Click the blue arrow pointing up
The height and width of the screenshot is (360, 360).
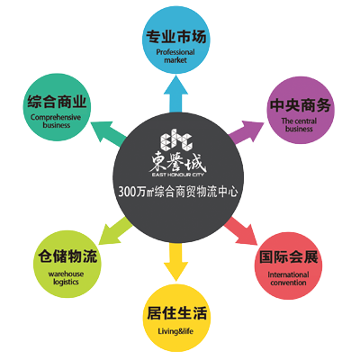tap(176, 94)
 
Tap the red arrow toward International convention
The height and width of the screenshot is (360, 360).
tap(241, 230)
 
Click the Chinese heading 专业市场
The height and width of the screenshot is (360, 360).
tap(176, 37)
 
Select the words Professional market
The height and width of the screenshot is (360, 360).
tap(175, 56)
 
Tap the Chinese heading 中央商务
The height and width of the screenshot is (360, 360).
tap(301, 105)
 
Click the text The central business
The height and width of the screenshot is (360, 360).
tap(299, 125)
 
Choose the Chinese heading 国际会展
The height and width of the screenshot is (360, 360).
tap(288, 256)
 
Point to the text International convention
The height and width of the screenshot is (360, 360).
tap(288, 279)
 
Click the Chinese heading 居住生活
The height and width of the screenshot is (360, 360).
tap(176, 313)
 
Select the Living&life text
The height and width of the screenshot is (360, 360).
tap(175, 331)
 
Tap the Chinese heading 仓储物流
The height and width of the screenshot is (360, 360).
tap(67, 256)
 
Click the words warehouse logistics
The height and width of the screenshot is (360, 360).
tap(66, 278)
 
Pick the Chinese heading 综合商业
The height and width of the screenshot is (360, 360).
tap(57, 102)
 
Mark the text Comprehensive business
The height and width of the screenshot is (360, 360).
tap(56, 121)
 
